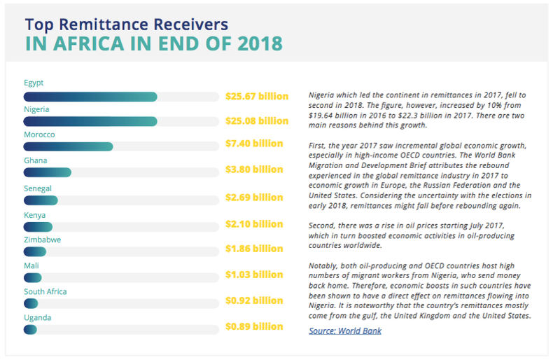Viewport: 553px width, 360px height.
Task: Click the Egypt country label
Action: click(x=34, y=83)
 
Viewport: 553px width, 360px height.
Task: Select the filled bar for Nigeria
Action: click(x=90, y=121)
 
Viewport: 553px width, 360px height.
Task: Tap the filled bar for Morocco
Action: click(x=68, y=146)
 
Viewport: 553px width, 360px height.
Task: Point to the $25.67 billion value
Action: click(x=256, y=96)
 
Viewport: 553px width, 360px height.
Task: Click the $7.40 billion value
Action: click(x=253, y=144)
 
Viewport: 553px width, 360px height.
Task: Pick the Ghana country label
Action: click(x=35, y=160)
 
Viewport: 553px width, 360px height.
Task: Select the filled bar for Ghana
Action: click(x=47, y=172)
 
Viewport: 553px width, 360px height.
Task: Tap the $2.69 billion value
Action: click(x=253, y=197)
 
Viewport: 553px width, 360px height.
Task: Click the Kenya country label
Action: click(x=35, y=215)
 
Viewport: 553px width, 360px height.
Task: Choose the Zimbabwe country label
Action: click(x=42, y=240)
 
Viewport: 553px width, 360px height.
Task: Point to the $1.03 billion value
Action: click(x=253, y=275)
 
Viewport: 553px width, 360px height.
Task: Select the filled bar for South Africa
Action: click(x=31, y=303)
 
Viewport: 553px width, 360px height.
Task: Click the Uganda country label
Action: click(x=37, y=317)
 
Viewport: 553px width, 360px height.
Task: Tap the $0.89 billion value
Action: click(x=253, y=326)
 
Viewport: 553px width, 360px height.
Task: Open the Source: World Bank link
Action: click(x=345, y=331)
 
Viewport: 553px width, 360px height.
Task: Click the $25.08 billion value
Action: click(x=256, y=121)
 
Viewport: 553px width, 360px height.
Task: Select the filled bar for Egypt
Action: click(x=90, y=97)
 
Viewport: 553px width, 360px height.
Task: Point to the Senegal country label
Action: click(x=38, y=188)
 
